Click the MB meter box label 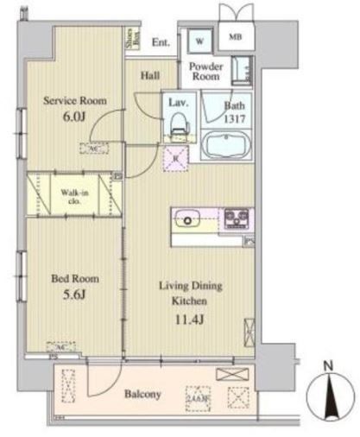[x=235, y=39]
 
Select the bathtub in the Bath [x=227, y=144]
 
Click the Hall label [x=150, y=76]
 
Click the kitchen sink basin [x=188, y=218]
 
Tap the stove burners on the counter [x=236, y=218]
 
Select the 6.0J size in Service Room [x=74, y=119]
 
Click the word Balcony [x=141, y=395]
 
